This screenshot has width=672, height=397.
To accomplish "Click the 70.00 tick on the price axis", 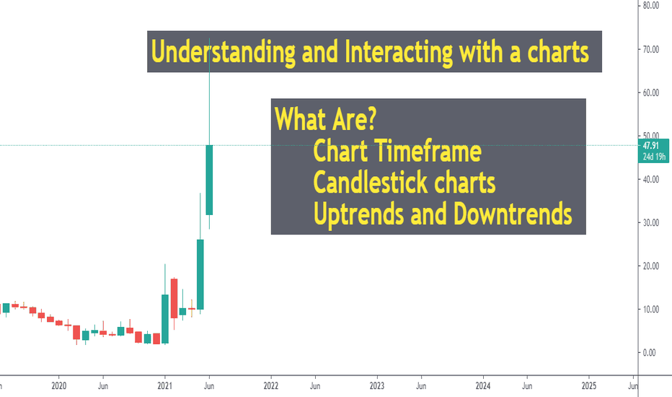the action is coord(650,49).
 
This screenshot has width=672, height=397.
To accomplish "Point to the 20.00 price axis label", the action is coord(650,266).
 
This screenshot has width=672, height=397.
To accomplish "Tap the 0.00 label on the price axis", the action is coord(649,353).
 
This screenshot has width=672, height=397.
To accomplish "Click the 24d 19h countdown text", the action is coord(654,157).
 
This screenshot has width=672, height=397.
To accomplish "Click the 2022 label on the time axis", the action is coord(271,386).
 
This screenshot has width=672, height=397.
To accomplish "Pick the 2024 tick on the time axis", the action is coord(483,386).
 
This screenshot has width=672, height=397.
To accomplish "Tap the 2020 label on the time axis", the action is coord(58,386).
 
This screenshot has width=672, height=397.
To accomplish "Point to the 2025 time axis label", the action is coord(589,386).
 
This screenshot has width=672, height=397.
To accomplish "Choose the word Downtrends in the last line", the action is coord(513,214).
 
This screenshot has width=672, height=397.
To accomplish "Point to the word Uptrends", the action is coord(359,214).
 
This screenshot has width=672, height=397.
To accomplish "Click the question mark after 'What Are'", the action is coord(371,119).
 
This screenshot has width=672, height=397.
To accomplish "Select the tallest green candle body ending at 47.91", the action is coord(209,180).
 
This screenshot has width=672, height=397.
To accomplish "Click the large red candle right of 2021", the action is coord(174,298).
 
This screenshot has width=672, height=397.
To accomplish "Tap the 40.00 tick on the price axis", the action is coord(650,180).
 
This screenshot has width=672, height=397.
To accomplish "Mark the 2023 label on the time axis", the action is coord(376,386).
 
